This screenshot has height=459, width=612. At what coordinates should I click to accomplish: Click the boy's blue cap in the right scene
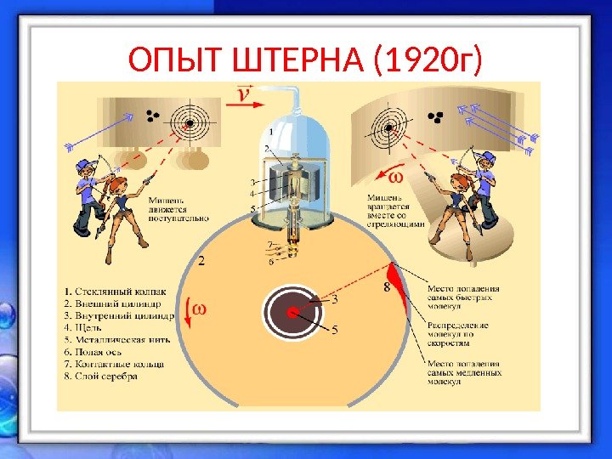coord(486,158)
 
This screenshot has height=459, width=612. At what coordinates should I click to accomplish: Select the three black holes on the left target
coord(153,116)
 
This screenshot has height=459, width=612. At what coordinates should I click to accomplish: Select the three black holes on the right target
coord(438,117)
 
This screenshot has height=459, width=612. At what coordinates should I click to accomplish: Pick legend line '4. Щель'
coord(93,327)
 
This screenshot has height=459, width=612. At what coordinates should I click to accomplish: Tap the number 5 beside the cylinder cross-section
coord(334,328)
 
